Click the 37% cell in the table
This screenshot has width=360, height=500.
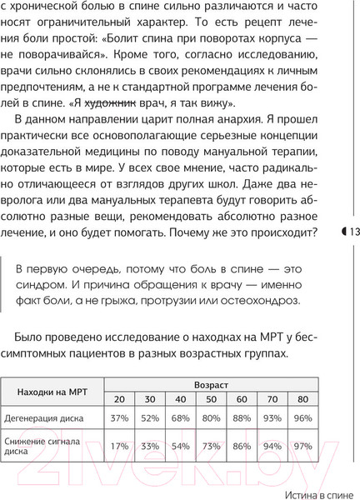[119, 417]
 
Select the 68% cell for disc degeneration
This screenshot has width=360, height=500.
[180, 417]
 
